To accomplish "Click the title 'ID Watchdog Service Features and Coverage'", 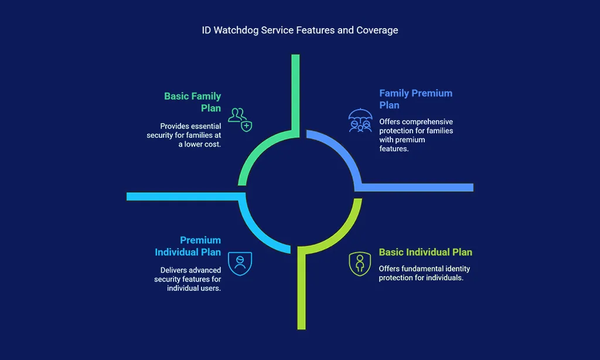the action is [x=300, y=30].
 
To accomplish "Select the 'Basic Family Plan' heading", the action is [x=192, y=102].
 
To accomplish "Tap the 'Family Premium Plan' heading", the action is [x=415, y=99].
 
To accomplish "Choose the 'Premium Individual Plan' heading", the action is [x=188, y=246].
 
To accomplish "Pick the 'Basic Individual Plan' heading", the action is [x=425, y=252].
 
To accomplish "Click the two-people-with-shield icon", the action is [x=240, y=120].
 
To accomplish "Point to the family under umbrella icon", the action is [x=360, y=120].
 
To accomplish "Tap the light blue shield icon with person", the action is [x=240, y=263].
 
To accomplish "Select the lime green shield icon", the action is [x=360, y=264].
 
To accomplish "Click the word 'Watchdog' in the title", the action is [x=236, y=30].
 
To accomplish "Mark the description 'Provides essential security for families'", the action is [x=183, y=135].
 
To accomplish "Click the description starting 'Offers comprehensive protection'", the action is [x=416, y=135].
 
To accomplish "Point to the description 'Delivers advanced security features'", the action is [x=187, y=279].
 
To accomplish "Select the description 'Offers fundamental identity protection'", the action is [x=424, y=273].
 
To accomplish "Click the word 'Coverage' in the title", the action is [x=377, y=30].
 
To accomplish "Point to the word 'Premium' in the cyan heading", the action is [x=200, y=240].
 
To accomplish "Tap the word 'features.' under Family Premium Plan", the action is [x=394, y=148].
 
